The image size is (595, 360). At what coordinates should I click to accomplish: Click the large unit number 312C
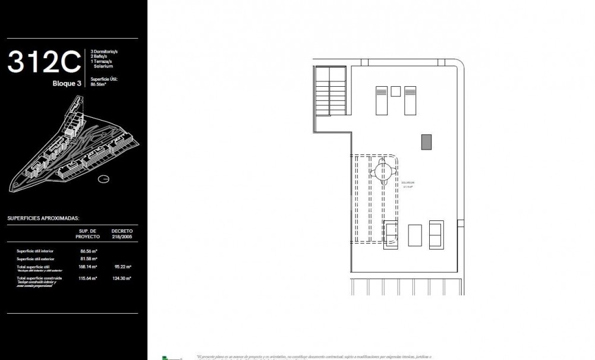[43, 62]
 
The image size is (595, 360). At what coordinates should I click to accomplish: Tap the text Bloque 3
[67, 84]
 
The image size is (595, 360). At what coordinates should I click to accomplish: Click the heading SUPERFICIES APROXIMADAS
[43, 218]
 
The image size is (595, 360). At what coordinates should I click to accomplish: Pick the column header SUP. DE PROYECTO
[88, 233]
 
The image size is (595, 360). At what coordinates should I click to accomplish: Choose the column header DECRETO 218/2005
[122, 233]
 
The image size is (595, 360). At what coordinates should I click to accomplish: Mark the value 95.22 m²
[122, 267]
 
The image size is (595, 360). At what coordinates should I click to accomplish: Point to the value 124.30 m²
[122, 278]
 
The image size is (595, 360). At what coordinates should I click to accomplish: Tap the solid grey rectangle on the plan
[426, 142]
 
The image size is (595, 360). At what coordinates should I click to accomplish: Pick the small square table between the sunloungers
[396, 91]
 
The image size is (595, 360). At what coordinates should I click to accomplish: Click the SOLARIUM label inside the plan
[408, 183]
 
